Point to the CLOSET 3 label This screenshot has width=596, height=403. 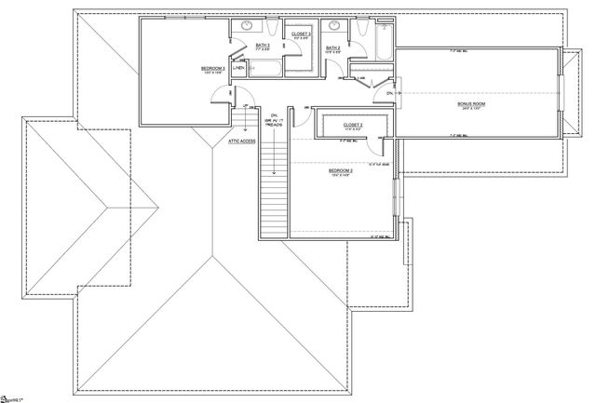coord(300,34)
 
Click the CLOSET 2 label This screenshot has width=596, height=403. coord(352,124)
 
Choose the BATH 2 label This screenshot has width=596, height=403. coord(332,48)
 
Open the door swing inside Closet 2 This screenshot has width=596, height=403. coord(377,141)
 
